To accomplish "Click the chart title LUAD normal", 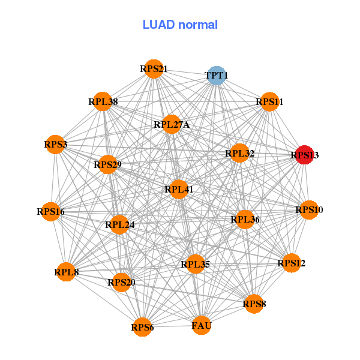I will [180, 25].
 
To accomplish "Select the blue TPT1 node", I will [216, 75].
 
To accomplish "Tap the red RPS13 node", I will [304, 155].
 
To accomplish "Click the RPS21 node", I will [154, 69].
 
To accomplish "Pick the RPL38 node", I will [103, 102].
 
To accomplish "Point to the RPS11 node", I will [269, 102].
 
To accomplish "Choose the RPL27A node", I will [172, 125].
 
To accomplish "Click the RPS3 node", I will [56, 145].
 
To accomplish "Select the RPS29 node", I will [107, 164].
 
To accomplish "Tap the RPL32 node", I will [240, 154].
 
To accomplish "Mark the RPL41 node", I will [179, 190].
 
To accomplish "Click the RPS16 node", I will [51, 211].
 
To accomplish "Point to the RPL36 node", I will [245, 220].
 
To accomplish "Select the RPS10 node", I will [309, 210].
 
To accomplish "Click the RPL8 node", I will [66, 272].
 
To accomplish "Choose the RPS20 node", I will [121, 282].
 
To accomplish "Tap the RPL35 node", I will [195, 264].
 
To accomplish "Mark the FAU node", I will [202, 326].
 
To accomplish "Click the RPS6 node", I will [142, 327].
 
